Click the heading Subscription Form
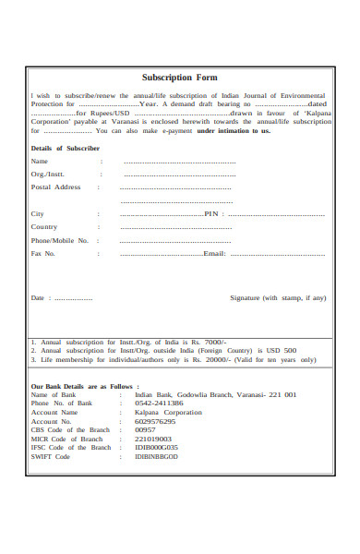(180, 78)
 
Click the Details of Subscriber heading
(66, 148)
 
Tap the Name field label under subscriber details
(40, 161)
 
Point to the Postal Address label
(56, 187)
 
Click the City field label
(38, 213)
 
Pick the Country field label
(44, 226)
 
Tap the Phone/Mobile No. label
(60, 240)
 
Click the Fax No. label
(43, 253)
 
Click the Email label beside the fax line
(214, 253)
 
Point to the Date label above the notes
(38, 298)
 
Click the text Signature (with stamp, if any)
(278, 298)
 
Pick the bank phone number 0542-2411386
(159, 403)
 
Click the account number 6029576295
(155, 421)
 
